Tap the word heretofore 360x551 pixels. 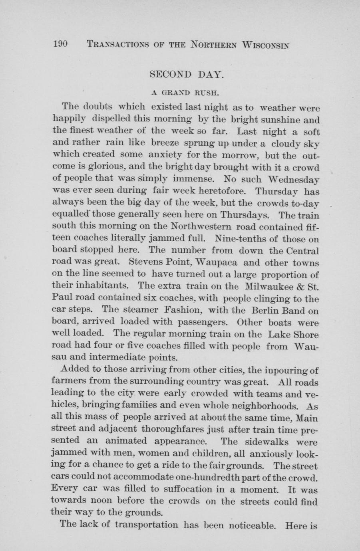click(x=218, y=191)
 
